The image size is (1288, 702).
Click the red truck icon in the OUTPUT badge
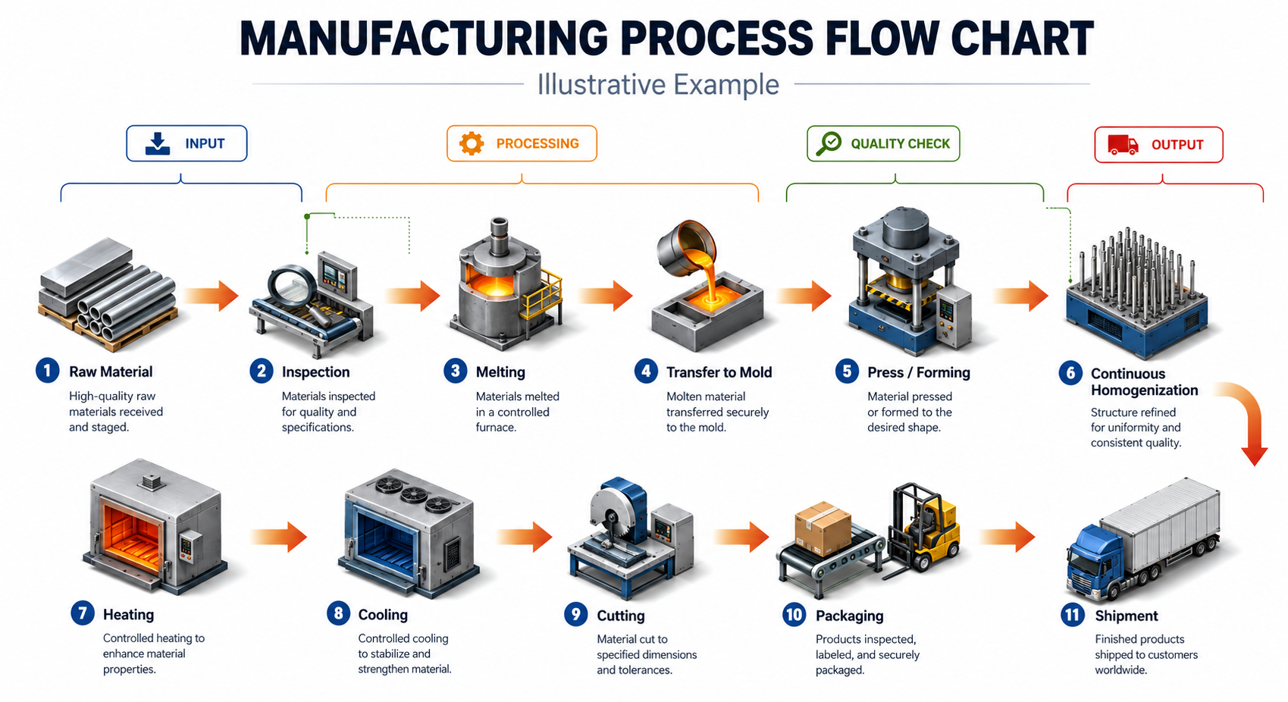tap(1123, 144)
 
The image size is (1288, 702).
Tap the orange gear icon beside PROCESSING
tap(472, 143)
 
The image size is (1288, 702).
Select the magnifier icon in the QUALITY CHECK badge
tap(829, 144)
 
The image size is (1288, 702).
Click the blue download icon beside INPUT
tap(158, 144)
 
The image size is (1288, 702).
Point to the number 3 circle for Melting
tap(456, 371)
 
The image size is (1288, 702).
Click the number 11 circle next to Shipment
tap(1073, 615)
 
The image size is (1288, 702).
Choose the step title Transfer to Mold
tap(719, 372)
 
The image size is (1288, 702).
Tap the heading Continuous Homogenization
tap(1144, 382)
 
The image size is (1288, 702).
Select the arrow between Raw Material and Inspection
tap(211, 296)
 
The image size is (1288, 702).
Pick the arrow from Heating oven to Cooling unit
tap(279, 537)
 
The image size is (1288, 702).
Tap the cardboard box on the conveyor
tap(823, 528)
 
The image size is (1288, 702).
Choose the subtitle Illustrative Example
tap(658, 84)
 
